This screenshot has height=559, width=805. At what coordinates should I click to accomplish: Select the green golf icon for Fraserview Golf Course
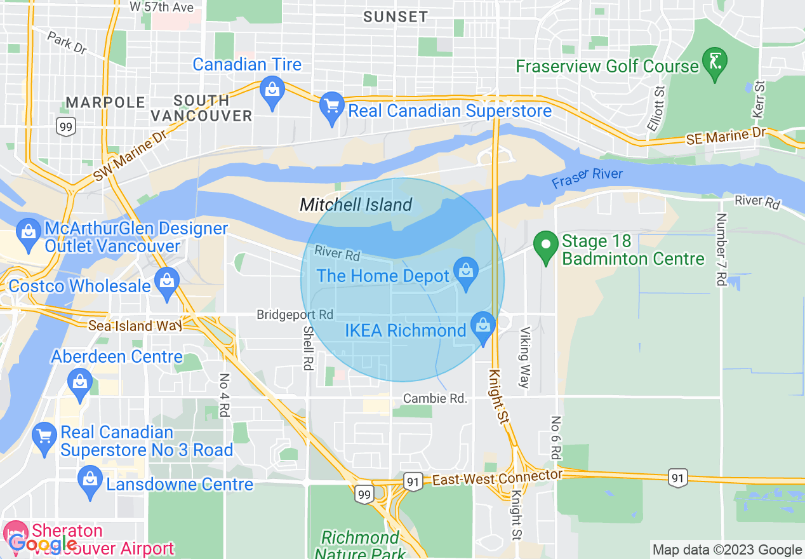(x=715, y=64)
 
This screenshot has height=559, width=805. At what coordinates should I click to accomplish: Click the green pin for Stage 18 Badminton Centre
(x=545, y=246)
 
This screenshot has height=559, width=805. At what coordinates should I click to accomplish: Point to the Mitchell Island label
(x=356, y=205)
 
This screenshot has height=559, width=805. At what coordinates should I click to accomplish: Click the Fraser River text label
(x=587, y=177)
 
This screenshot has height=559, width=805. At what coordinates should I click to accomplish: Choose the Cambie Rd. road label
(x=436, y=398)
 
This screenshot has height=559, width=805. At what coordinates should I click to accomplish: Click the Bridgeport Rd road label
(x=295, y=314)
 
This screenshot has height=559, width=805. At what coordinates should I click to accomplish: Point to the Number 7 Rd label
(x=721, y=249)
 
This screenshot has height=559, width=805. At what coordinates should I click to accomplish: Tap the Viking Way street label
(x=524, y=357)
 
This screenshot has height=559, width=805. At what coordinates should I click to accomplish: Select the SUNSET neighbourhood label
(x=396, y=17)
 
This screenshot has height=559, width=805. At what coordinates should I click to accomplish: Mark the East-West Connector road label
(x=496, y=478)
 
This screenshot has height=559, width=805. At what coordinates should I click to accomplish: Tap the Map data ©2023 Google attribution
(x=727, y=549)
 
